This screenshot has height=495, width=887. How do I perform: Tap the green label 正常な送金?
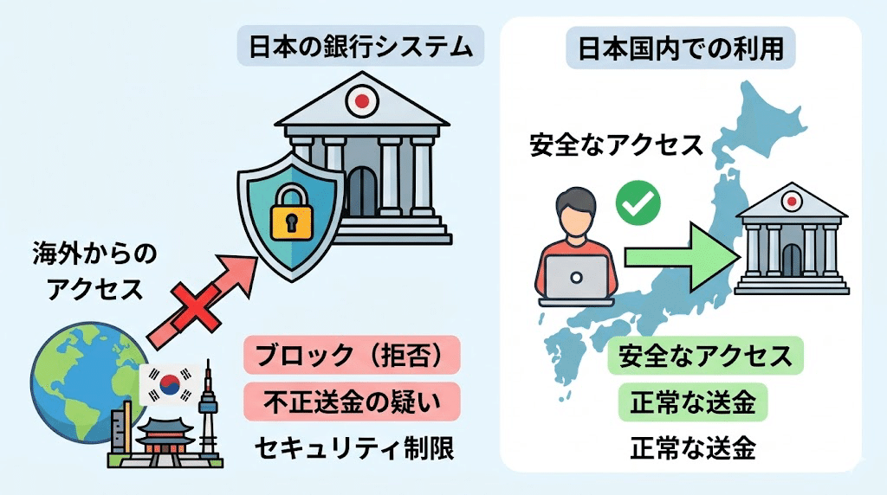click(x=693, y=403)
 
